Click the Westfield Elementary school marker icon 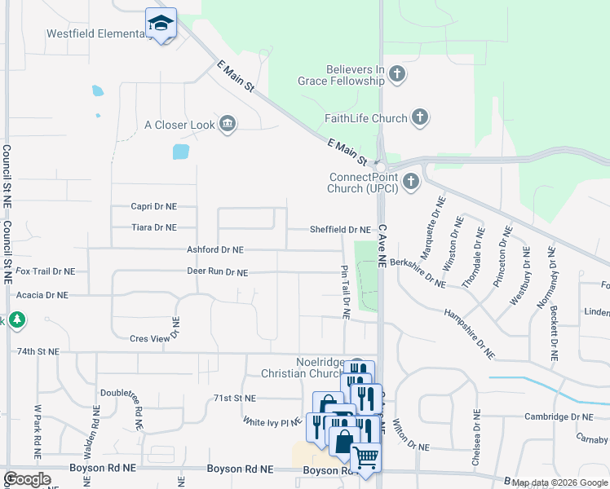(x=161, y=24)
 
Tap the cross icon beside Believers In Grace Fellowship (x=397, y=75)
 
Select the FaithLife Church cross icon (x=419, y=118)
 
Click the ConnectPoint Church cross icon (x=410, y=181)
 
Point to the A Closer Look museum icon (x=228, y=125)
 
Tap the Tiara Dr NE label (x=153, y=228)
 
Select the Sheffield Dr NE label (x=340, y=230)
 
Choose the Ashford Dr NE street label (x=215, y=250)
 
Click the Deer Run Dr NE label (x=217, y=272)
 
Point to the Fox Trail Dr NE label (x=45, y=271)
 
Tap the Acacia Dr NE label (x=42, y=295)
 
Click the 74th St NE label (x=37, y=351)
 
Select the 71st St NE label (x=235, y=398)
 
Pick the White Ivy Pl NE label (x=272, y=422)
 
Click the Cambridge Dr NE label (x=559, y=416)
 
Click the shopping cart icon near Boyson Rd (x=365, y=457)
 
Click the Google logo (x=27, y=479)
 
